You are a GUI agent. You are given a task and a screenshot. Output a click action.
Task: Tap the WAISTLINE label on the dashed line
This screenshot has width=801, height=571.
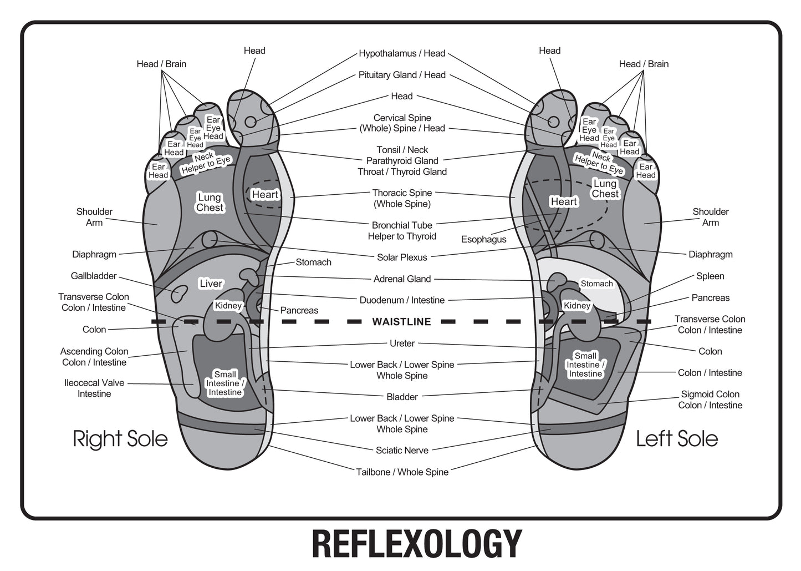point(401,322)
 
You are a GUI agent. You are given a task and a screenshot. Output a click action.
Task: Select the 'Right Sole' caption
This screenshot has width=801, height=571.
point(120,439)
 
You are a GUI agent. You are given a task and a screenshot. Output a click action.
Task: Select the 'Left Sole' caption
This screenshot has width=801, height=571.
point(677,439)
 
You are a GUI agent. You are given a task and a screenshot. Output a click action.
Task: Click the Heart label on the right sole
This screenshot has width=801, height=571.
point(265,195)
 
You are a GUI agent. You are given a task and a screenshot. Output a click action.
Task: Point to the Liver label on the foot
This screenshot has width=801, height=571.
point(211,284)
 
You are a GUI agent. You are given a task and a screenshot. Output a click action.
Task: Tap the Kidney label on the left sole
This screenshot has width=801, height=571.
point(576,306)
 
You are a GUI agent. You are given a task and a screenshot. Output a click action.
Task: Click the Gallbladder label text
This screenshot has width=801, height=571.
point(94,276)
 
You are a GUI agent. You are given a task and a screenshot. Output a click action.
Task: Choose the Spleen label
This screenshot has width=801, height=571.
point(710,276)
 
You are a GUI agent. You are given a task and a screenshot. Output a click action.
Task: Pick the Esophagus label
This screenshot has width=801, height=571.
point(484,240)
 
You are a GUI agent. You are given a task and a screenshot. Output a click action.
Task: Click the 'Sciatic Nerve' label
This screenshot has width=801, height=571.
point(402,450)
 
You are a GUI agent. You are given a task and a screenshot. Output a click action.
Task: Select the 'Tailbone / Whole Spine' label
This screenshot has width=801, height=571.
point(402,472)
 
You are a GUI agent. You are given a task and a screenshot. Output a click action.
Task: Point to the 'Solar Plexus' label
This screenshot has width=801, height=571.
point(402,257)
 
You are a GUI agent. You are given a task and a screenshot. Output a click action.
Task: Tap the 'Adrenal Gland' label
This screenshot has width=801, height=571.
point(402,279)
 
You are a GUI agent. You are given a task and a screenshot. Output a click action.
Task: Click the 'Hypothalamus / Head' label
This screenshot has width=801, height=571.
point(402,54)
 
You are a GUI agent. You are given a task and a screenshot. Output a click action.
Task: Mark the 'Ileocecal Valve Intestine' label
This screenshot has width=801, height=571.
point(94,388)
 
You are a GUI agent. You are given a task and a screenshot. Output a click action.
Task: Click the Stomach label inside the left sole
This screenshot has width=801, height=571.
point(596,284)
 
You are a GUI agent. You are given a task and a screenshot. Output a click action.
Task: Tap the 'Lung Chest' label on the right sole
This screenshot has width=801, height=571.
point(210,203)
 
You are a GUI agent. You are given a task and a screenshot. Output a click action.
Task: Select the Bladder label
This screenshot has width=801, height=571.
point(402,397)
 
